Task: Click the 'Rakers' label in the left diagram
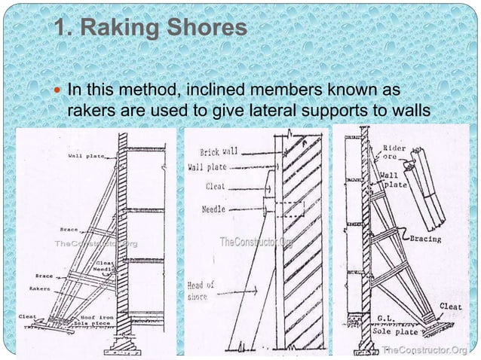point(39,287)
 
